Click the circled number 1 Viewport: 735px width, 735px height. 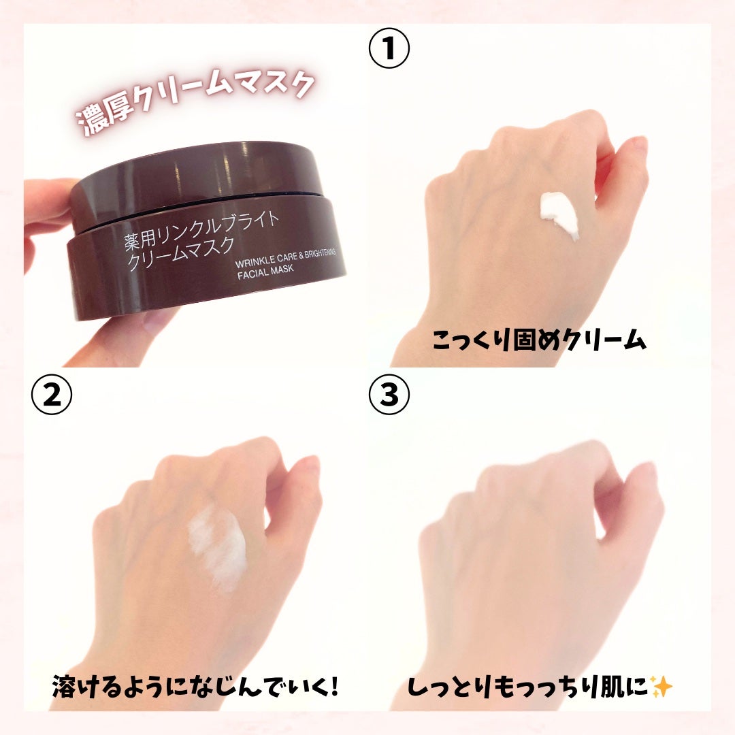389,48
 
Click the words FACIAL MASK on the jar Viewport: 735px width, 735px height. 265,272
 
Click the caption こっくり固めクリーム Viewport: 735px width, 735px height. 539,340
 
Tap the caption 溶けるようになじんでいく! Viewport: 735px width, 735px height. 195,686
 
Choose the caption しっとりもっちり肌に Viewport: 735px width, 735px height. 528,687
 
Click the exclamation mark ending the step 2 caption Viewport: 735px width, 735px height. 333,686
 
